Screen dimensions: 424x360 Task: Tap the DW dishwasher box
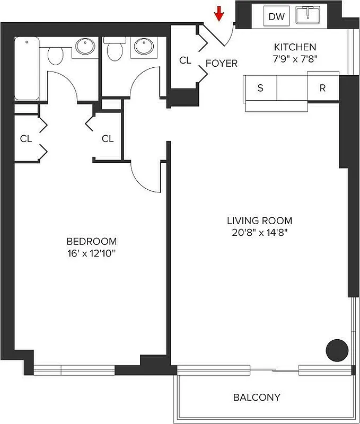(x=276, y=16)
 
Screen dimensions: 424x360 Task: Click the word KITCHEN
(x=295, y=47)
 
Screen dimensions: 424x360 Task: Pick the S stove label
(x=260, y=88)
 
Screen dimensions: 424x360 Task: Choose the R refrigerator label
(x=322, y=88)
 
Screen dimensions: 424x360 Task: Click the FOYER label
(x=221, y=63)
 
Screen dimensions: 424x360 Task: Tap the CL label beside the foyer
(x=185, y=60)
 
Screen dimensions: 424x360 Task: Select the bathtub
(x=27, y=68)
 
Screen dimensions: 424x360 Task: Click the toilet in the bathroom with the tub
(x=56, y=53)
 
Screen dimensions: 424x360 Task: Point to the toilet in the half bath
(x=113, y=50)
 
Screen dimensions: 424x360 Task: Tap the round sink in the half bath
(x=143, y=47)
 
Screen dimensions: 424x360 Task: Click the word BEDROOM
(x=89, y=241)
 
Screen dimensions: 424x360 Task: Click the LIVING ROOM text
(x=259, y=220)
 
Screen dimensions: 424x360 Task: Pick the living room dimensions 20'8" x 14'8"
(x=259, y=232)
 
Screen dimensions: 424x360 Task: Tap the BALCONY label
(x=257, y=397)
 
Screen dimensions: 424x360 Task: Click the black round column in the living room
(x=336, y=349)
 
